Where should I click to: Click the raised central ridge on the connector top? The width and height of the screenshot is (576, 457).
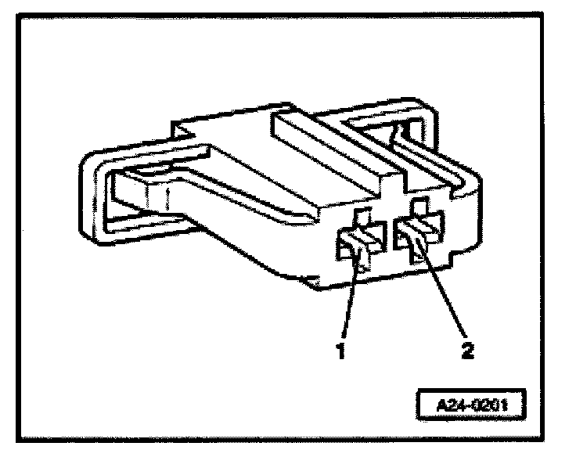click(329, 149)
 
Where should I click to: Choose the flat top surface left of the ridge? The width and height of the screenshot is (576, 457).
click(235, 149)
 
